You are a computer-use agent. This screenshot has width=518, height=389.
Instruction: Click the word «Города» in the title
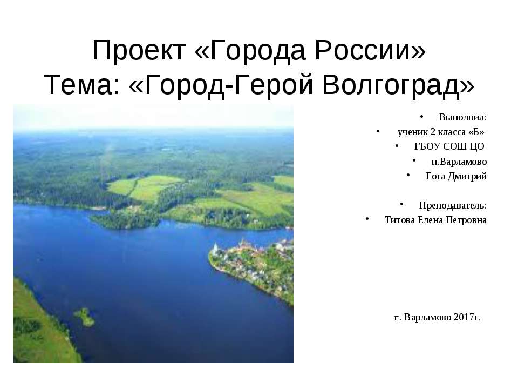pos(251,51)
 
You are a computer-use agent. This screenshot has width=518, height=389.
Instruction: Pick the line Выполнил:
pos(462,117)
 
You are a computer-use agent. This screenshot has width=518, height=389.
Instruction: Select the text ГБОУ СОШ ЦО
pos(449,146)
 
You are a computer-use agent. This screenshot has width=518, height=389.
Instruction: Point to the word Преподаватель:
pos(453,205)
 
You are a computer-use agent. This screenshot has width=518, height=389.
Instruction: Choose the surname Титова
pos(400,220)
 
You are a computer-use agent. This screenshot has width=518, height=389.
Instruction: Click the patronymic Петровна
pos(464,220)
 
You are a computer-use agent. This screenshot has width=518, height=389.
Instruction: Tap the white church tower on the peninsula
pos(215,250)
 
